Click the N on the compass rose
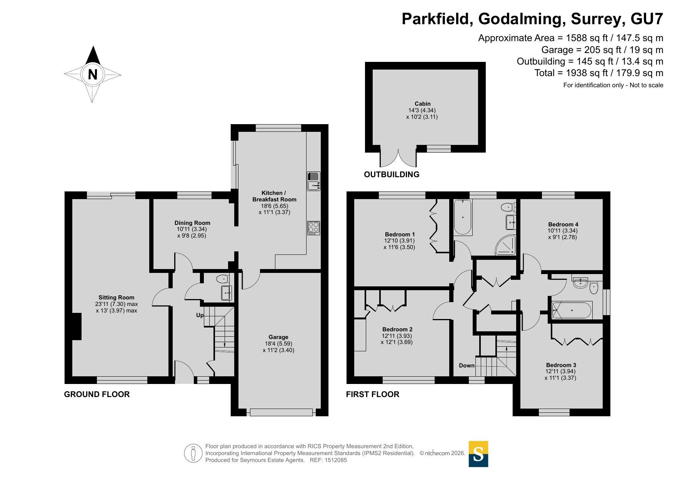tap(92, 74)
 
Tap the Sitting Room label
tap(117, 298)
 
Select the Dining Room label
tap(192, 223)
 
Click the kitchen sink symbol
tap(313, 181)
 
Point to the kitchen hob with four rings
tap(313, 228)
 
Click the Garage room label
tap(278, 337)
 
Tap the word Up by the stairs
tap(200, 315)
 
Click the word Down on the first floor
tap(467, 366)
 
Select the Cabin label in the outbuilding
tap(422, 104)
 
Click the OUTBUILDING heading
tap(392, 175)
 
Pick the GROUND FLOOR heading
tap(97, 394)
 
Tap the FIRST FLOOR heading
tap(373, 394)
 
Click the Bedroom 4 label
tap(563, 224)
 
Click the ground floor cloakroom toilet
tap(222, 278)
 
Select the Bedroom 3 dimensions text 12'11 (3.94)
tap(560, 372)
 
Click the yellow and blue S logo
tap(478, 454)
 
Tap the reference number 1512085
tap(336, 460)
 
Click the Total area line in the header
tap(599, 73)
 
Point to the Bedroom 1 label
tap(400, 234)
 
